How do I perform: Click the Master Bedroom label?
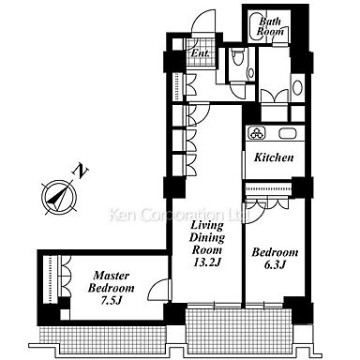pyautogui.click(x=111, y=281)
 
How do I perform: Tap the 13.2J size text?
pyautogui.click(x=207, y=262)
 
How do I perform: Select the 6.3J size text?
pyautogui.click(x=275, y=264)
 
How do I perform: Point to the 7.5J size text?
pyautogui.click(x=111, y=300)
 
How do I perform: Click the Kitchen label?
pyautogui.click(x=274, y=157)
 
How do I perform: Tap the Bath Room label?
pyautogui.click(x=270, y=26)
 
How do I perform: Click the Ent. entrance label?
pyautogui.click(x=200, y=53)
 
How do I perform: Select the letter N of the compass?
pyautogui.click(x=81, y=171)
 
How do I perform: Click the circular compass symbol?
pyautogui.click(x=59, y=197)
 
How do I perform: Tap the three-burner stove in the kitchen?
pyautogui.click(x=257, y=133)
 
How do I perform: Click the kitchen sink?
pyautogui.click(x=288, y=133)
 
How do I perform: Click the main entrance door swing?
pyautogui.click(x=203, y=22)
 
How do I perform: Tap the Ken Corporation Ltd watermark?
pyautogui.click(x=179, y=215)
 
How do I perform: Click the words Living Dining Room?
pyautogui.click(x=207, y=237)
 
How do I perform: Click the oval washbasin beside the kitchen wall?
pyautogui.click(x=297, y=87)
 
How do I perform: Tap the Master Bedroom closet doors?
pyautogui.click(x=65, y=276)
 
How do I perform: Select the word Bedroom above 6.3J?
pyautogui.click(x=275, y=252)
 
